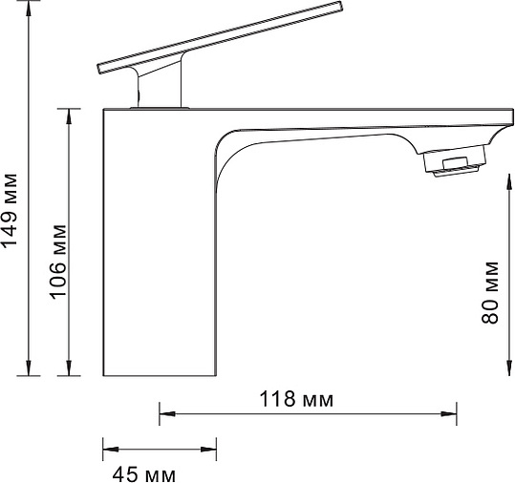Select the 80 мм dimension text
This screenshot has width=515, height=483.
[x=490, y=292]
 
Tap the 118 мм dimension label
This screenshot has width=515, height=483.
[x=296, y=399]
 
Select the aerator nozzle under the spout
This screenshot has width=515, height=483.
[x=453, y=166]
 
